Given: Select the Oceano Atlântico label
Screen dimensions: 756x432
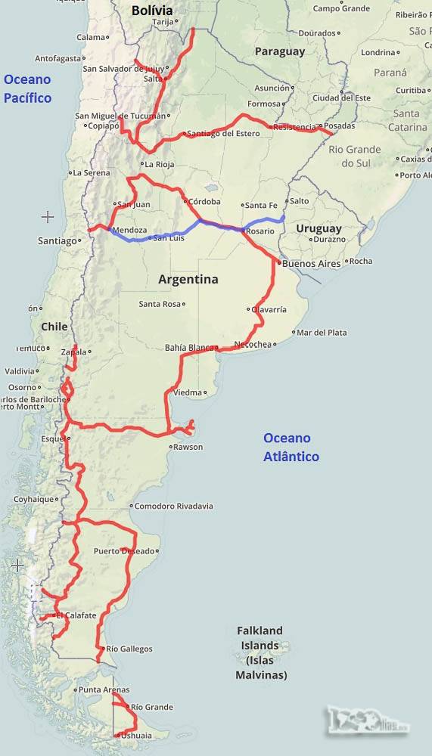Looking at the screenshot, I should point(291,447).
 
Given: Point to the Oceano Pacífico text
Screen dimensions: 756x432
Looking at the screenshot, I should point(27,88).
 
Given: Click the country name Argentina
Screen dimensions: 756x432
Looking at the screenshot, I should point(188,279).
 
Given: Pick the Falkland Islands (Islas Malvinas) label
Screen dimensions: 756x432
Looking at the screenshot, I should point(260,652).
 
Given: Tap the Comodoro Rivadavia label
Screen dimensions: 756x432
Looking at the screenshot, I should point(173,506).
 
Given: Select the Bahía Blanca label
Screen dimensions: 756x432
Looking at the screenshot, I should point(190,348).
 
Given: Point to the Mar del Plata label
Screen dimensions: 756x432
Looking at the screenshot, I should point(322,333).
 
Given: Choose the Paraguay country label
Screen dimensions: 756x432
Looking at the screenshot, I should point(279,51).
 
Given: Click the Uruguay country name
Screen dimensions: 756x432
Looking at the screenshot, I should point(319,228).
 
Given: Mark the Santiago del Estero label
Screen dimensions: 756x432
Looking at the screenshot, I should point(222,134).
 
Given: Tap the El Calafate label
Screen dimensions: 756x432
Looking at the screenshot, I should point(76,615).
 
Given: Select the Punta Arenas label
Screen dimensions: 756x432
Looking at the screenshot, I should point(104,689).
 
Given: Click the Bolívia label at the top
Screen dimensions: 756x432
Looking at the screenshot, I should point(151,11).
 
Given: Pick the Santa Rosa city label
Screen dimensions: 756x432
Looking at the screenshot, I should point(160,304).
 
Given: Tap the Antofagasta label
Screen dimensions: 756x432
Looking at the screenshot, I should point(57,58).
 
